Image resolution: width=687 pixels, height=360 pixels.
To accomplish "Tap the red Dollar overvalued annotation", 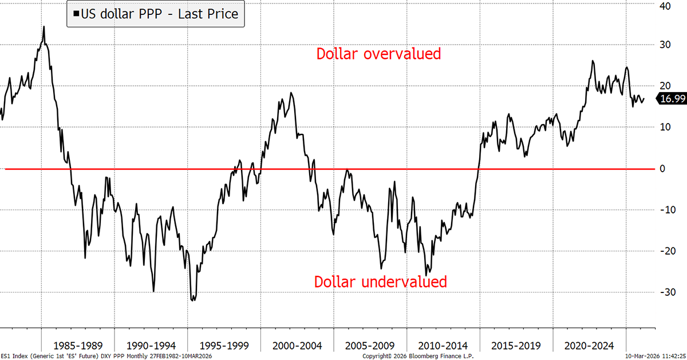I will tap(378, 54).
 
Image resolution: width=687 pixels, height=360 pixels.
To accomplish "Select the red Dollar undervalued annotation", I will tap(380, 282).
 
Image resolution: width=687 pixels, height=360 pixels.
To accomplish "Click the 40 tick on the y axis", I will tap(665, 6).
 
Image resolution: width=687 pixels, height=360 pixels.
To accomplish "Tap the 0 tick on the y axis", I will tap(663, 169).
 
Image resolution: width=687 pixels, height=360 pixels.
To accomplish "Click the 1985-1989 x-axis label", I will tap(78, 346).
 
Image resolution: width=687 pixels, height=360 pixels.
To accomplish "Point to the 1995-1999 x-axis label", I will tap(224, 346).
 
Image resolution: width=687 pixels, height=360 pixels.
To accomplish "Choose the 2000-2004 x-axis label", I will tap(297, 346).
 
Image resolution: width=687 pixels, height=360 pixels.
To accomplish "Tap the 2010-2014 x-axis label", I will tap(443, 346).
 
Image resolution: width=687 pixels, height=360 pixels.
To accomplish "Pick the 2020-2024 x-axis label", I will tap(589, 346).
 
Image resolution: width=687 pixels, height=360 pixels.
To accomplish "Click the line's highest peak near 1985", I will tap(44, 27).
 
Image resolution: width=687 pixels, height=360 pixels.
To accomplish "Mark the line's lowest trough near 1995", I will tap(192, 300).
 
